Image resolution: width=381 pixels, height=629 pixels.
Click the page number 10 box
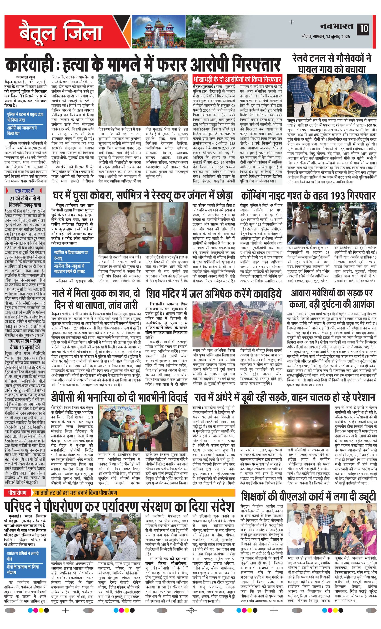click(x=364, y=29)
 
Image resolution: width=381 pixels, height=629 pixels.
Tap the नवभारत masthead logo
click(x=337, y=27)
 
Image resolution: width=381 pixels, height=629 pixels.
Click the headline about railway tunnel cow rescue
click(x=332, y=64)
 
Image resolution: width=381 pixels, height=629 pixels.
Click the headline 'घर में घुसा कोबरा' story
click(x=143, y=196)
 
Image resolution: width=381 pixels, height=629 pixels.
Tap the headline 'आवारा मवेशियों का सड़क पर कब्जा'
click(x=332, y=299)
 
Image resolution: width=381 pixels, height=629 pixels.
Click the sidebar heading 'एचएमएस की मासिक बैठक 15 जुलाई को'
click(x=25, y=344)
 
